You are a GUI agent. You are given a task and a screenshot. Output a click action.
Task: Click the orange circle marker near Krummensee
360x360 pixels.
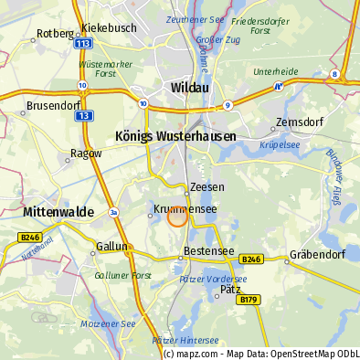point(177,217)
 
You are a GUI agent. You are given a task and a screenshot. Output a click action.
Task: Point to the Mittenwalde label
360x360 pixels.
point(56,212)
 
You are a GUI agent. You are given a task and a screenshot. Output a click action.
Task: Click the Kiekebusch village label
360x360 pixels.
point(109,28)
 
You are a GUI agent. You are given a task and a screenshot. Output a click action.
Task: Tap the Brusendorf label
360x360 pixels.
point(54,106)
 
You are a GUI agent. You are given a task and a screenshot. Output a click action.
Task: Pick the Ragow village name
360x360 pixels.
point(86,154)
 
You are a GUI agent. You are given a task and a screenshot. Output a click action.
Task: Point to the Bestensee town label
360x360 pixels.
point(207,249)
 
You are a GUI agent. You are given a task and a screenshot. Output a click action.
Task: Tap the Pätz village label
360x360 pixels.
point(230,288)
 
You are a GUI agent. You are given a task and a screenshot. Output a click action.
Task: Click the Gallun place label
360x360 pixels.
point(113,247)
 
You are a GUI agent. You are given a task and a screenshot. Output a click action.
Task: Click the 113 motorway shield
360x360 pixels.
point(83,43)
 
